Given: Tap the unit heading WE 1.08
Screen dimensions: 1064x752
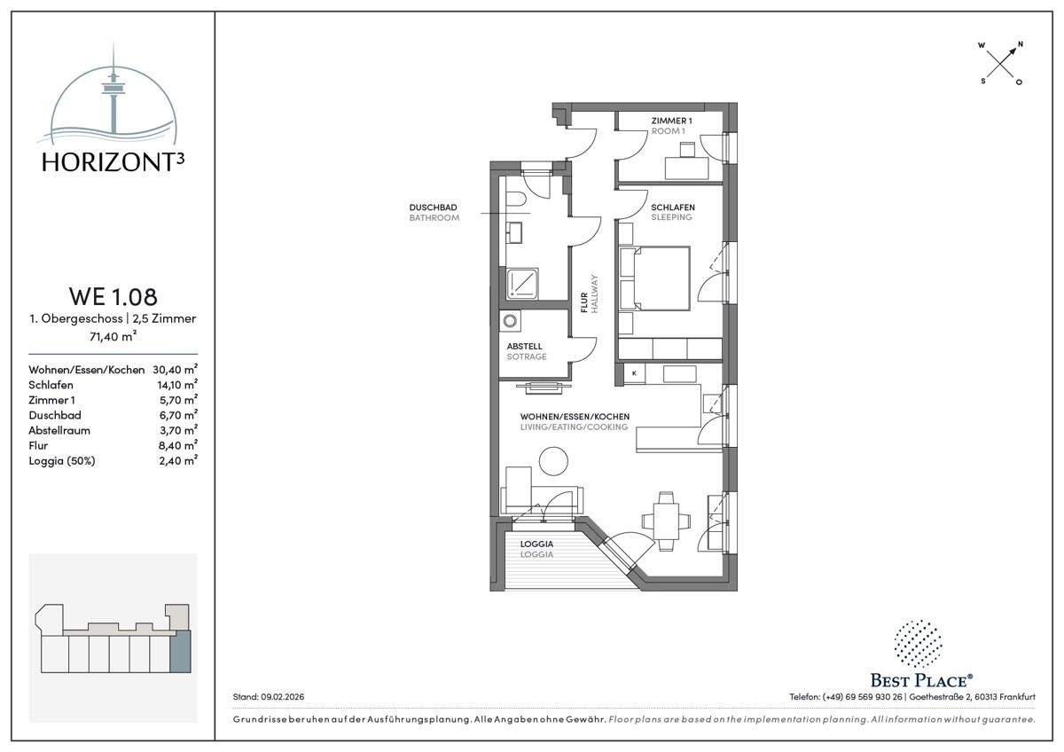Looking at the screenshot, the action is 113,296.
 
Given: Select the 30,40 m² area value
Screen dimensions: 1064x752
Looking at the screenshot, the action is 176,369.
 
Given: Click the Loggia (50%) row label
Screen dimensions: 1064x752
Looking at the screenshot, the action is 62,461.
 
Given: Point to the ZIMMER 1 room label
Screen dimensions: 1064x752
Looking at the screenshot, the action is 672,121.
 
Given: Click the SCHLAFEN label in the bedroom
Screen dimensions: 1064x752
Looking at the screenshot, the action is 673,208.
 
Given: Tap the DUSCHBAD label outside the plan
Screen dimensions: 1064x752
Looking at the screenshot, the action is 434,208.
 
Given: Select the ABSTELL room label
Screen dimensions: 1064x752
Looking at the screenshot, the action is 524,347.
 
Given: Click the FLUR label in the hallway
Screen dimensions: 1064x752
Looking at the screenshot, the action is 584,302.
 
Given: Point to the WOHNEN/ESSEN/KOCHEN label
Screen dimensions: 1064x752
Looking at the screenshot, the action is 575,417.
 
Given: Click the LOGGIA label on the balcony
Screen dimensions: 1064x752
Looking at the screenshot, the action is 536,544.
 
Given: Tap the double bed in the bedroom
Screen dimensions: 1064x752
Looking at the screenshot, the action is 654,278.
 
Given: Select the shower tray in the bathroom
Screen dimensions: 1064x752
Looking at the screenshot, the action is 522,284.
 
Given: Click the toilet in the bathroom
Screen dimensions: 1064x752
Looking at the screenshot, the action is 515,199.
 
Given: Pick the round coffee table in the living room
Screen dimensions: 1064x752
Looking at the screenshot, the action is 553,461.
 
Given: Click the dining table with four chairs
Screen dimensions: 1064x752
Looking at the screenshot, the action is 666,521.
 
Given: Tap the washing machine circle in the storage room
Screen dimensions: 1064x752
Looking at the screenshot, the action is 510,321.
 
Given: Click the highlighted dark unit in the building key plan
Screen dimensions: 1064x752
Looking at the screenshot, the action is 180,651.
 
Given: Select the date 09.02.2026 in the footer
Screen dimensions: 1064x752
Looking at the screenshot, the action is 283,697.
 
